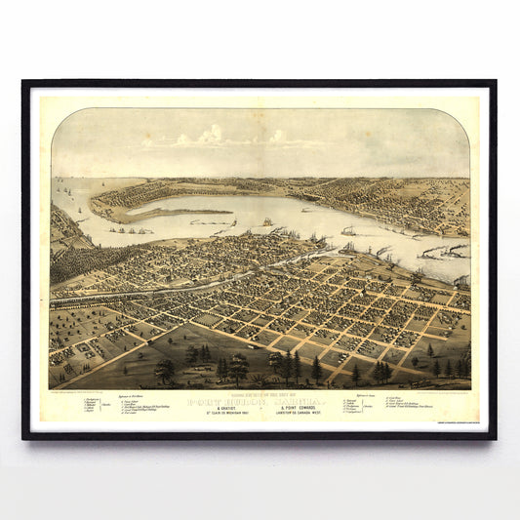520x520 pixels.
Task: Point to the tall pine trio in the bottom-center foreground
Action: tap(290, 367)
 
